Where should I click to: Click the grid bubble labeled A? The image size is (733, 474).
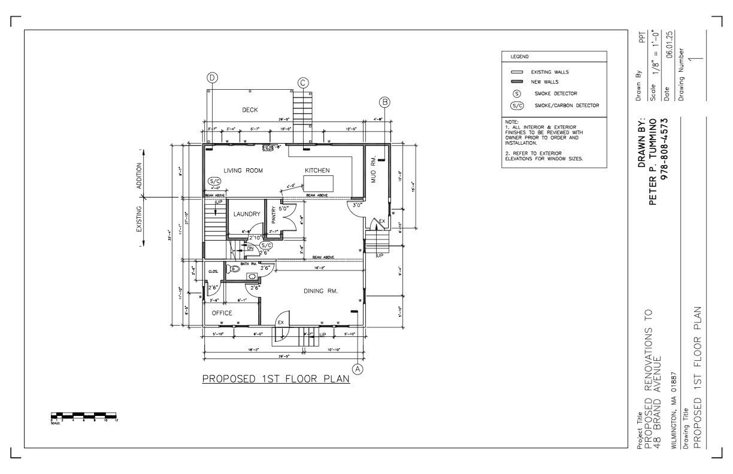pyautogui.click(x=358, y=369)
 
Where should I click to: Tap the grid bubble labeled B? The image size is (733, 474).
pyautogui.click(x=384, y=102)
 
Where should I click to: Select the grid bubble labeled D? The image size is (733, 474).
pyautogui.click(x=212, y=77)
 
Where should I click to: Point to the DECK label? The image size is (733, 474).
pyautogui.click(x=250, y=110)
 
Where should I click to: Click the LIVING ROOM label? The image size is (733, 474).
pyautogui.click(x=243, y=171)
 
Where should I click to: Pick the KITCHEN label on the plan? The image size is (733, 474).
pyautogui.click(x=317, y=171)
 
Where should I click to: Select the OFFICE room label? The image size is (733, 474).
pyautogui.click(x=222, y=313)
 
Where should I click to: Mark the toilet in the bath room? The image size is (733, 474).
pyautogui.click(x=234, y=269)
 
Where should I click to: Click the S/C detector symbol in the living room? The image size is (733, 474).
pyautogui.click(x=214, y=181)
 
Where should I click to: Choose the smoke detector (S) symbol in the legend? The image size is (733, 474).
pyautogui.click(x=517, y=94)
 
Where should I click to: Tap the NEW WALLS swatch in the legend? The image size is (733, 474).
pyautogui.click(x=517, y=81)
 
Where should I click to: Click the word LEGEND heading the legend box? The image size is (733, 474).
pyautogui.click(x=519, y=57)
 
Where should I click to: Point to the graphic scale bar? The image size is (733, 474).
pyautogui.click(x=84, y=415)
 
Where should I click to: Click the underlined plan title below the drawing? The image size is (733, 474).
pyautogui.click(x=275, y=379)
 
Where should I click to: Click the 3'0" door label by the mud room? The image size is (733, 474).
pyautogui.click(x=357, y=205)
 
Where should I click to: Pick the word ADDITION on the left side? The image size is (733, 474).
pyautogui.click(x=140, y=177)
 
